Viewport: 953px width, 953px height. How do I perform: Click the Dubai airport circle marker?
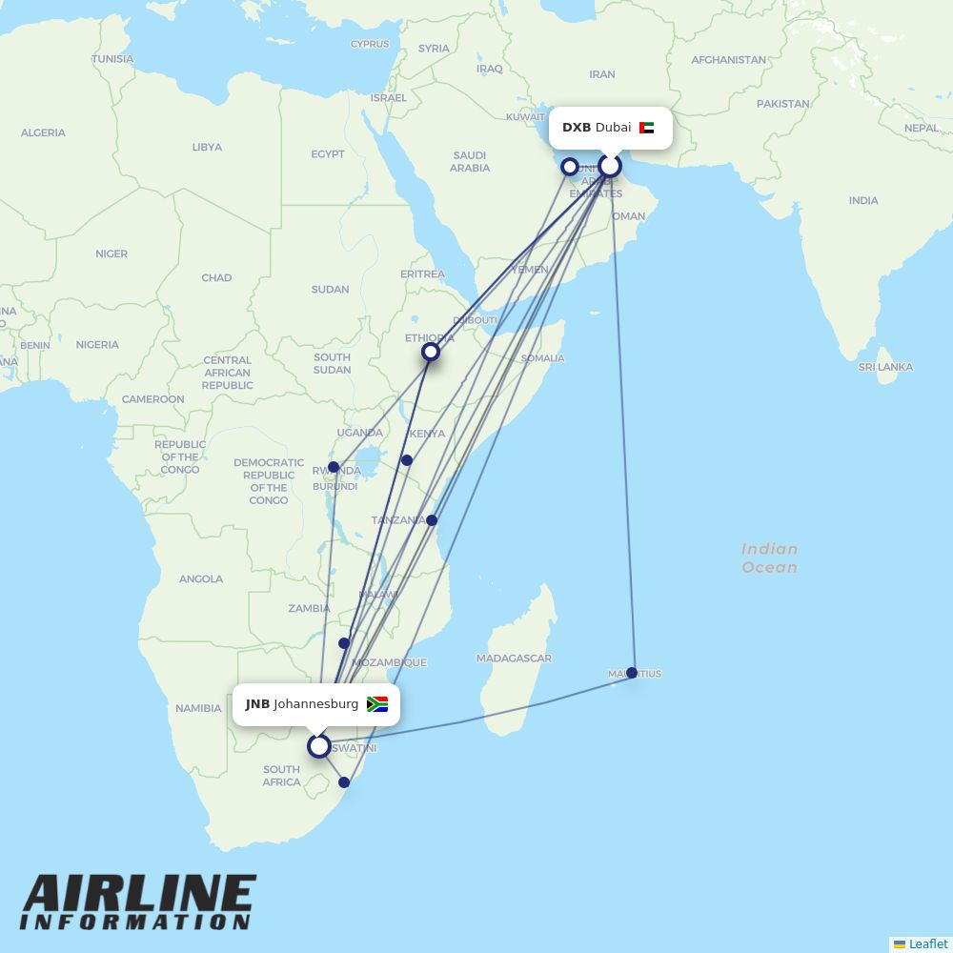(x=610, y=167)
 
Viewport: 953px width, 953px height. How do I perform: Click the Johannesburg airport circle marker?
(x=319, y=746)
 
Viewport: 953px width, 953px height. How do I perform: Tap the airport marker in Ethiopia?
(x=431, y=353)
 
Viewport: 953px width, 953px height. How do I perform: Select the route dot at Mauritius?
(x=632, y=673)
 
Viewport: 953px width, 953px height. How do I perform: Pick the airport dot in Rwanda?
(x=334, y=467)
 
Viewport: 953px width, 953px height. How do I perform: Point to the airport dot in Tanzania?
(x=432, y=520)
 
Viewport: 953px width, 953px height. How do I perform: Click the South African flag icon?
(x=377, y=704)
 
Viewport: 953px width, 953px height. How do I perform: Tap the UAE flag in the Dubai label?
(x=647, y=128)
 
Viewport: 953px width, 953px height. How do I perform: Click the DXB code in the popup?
(x=577, y=128)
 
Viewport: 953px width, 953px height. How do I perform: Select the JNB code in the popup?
(x=257, y=704)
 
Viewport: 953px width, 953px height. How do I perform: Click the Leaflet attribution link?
(x=927, y=943)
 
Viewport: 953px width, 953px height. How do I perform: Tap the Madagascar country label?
(x=514, y=659)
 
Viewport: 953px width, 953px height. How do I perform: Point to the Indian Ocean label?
(x=769, y=558)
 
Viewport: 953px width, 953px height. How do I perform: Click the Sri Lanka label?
(x=885, y=367)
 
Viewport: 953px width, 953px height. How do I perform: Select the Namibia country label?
(x=198, y=708)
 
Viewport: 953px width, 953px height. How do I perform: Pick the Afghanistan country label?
(x=728, y=60)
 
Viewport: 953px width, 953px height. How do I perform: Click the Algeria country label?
(x=43, y=132)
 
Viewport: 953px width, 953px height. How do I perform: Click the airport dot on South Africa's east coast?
(x=345, y=782)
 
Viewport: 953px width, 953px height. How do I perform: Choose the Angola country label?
(x=201, y=578)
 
